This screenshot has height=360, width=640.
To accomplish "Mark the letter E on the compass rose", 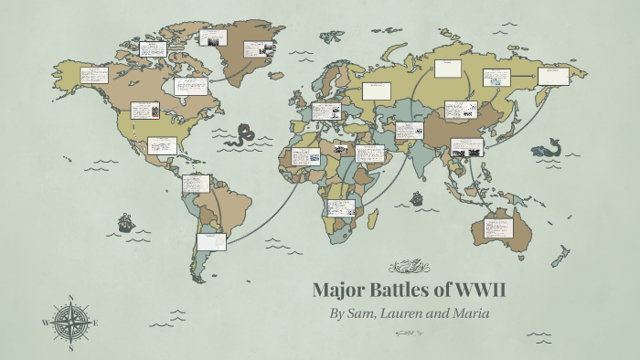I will click(x=96, y=323).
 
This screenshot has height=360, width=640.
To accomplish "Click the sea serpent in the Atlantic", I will click(x=244, y=136).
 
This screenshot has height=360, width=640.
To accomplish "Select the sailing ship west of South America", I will click(x=125, y=222).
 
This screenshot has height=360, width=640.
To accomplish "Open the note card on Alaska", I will click(x=94, y=75).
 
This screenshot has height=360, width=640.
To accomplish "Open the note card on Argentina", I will click(x=212, y=241).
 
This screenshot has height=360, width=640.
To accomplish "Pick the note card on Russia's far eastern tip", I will click(x=552, y=76).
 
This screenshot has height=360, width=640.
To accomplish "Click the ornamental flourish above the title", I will click(x=409, y=268).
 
